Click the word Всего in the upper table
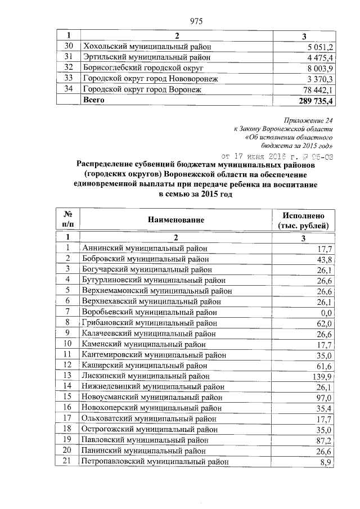[x=93, y=100]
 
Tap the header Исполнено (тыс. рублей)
[x=304, y=220]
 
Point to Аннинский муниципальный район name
[x=145, y=248]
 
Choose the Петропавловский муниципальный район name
[x=155, y=461]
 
